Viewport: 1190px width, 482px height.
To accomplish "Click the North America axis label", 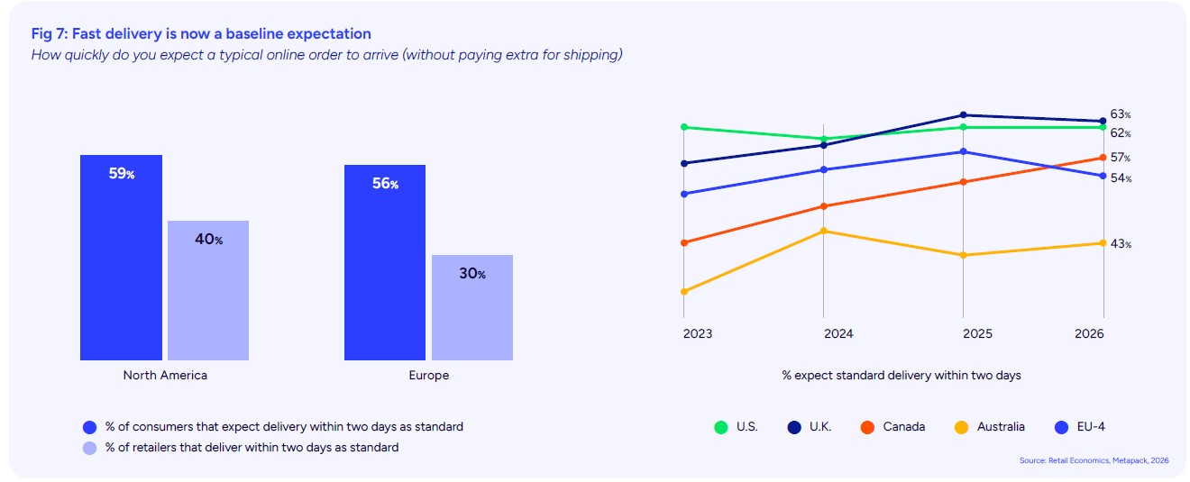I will [165, 375].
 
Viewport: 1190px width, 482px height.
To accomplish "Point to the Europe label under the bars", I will [428, 375].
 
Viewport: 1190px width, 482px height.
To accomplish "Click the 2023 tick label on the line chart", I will [697, 333].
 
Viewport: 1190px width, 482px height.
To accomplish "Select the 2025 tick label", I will [977, 333].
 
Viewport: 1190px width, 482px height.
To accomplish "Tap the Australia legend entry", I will [995, 426].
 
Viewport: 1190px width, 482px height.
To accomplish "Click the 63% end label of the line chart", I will [1121, 114].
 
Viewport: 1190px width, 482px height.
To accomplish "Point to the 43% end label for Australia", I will [1121, 244].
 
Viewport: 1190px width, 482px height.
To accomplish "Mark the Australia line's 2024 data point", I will [824, 231].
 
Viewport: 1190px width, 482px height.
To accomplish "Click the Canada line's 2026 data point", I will [1103, 158].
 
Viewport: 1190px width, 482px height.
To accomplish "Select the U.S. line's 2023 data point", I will [684, 127].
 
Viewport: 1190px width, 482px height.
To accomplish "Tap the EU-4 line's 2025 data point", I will [964, 151].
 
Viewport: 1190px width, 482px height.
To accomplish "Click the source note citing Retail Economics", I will [1094, 460].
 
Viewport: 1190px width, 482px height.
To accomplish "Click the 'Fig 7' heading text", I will [201, 33].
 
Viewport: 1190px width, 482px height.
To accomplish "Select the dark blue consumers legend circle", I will [88, 426].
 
